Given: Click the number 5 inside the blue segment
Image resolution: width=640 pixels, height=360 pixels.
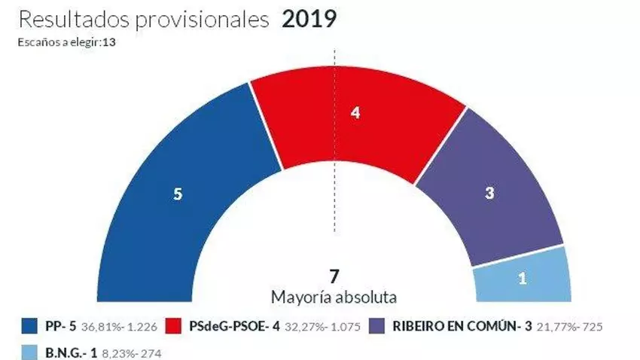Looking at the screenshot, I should point(178,194).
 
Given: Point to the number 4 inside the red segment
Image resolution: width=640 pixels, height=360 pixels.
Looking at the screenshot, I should point(355,113).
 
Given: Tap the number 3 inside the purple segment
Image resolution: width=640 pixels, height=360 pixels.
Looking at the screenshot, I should point(489,193).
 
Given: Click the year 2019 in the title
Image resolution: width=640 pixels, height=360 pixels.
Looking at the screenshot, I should point(309,20).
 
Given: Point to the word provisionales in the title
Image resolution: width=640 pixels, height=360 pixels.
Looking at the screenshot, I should point(200,20).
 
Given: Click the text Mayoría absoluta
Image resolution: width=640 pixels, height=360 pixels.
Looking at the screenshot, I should point(334,296).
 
